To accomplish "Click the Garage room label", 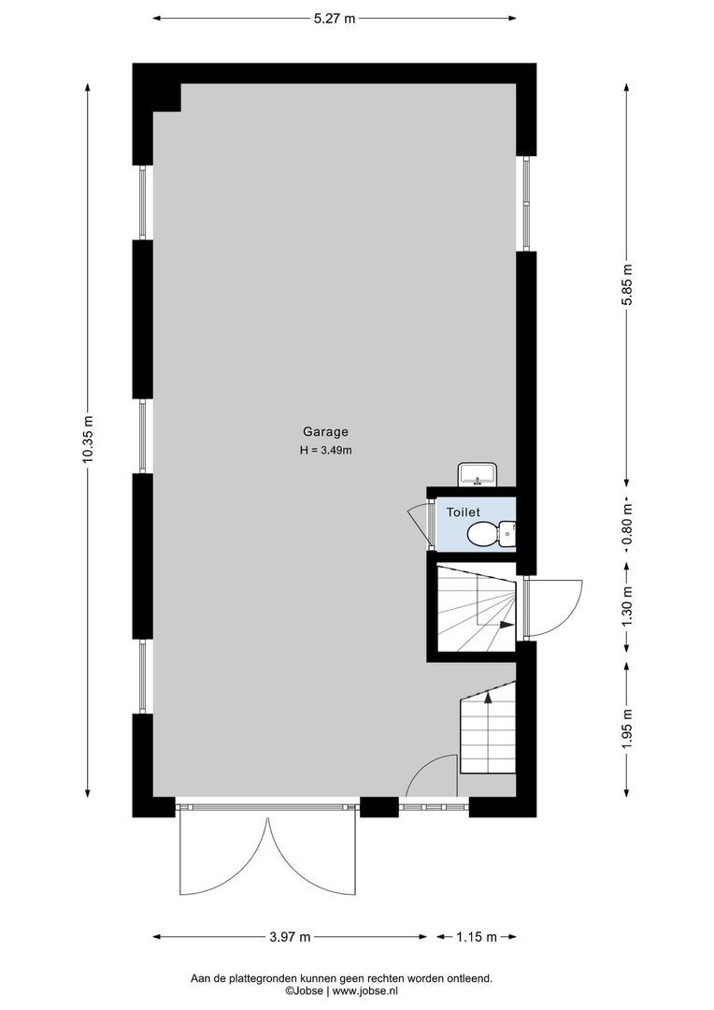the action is coord(326,432).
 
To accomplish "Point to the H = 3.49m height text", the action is coord(326,450).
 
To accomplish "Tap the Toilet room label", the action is coord(464,512).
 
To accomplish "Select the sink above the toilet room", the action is coord(477,473).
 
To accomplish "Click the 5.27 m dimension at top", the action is coord(335,19).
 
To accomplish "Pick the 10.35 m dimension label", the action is coord(88,439).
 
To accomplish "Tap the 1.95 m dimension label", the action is coord(628,728).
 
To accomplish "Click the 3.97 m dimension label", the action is coord(290,936).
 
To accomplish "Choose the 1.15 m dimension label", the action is coord(477,936).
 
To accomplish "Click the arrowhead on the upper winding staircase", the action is coord(507,624).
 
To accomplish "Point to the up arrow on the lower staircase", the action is coord(488,696).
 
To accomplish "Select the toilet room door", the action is coord(419,521).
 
